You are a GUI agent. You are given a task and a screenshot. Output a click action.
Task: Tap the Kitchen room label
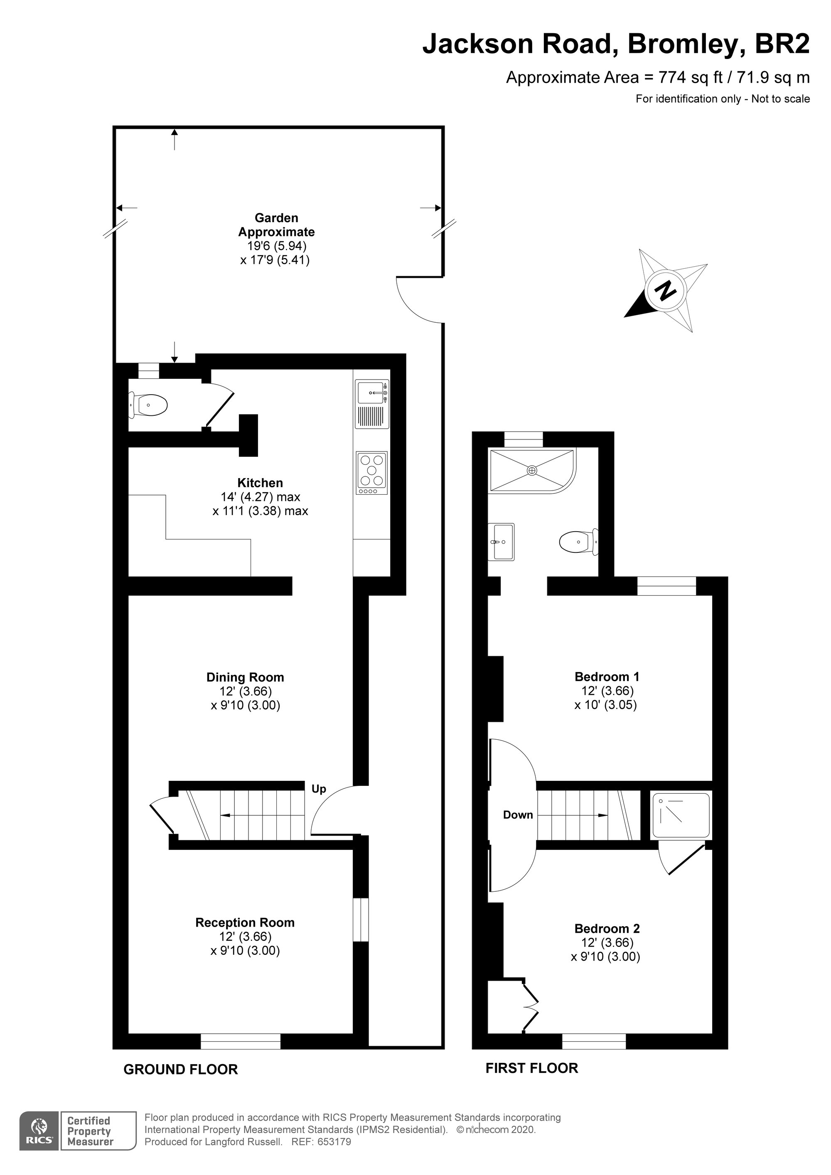[260, 483]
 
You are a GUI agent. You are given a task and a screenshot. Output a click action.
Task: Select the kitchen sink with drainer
[372, 404]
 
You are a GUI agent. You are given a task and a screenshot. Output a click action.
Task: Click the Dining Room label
[245, 677]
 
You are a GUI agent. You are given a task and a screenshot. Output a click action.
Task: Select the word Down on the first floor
[518, 815]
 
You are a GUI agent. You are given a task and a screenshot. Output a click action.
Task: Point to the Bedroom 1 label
[607, 677]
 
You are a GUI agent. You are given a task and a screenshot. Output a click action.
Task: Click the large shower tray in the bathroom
[533, 470]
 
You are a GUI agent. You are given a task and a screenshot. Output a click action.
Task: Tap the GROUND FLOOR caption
[181, 1070]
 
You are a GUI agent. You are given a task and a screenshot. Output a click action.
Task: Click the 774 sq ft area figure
[691, 77]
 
